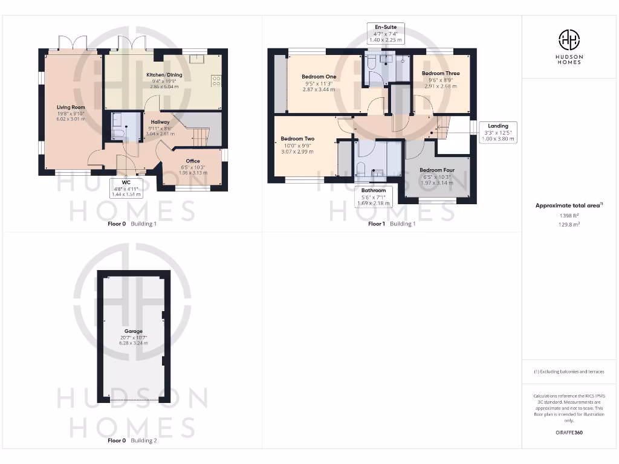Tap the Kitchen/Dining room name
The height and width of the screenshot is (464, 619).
click(x=164, y=75)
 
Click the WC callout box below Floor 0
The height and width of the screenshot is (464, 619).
click(x=126, y=188)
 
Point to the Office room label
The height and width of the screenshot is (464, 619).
click(x=193, y=161)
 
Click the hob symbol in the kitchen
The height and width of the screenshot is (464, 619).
click(x=216, y=81)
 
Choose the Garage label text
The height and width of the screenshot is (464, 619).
click(x=134, y=331)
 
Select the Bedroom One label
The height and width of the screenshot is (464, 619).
click(x=319, y=77)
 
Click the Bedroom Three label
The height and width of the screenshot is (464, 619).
click(x=440, y=74)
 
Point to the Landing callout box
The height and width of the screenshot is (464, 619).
click(x=498, y=132)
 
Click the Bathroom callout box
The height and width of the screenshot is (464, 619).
click(x=374, y=196)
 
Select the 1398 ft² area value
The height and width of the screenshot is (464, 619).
click(x=569, y=214)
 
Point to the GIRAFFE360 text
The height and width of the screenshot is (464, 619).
click(x=569, y=433)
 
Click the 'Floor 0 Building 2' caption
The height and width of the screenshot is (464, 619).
click(x=132, y=440)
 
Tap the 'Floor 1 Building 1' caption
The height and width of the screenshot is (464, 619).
click(x=392, y=224)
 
